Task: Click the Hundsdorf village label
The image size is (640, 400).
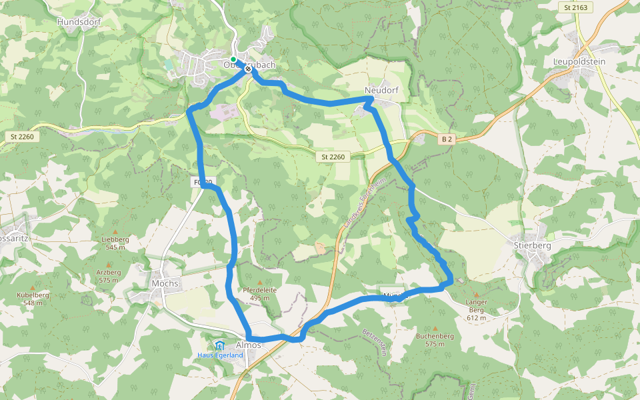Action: click(x=78, y=21)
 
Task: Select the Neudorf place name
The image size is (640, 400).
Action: click(x=381, y=90)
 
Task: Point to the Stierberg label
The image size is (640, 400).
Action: click(x=532, y=245)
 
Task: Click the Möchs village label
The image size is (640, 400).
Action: click(x=165, y=283)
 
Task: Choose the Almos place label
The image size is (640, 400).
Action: click(x=249, y=345)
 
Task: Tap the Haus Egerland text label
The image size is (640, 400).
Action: click(x=219, y=355)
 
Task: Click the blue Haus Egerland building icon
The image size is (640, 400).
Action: click(x=219, y=345)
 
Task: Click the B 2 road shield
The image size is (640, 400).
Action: click(x=447, y=139)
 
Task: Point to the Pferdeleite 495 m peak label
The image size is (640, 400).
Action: click(x=260, y=293)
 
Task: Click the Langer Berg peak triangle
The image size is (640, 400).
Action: click(x=477, y=294)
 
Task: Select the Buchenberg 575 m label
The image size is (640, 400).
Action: click(x=435, y=340)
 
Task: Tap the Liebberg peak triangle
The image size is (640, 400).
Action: click(x=115, y=231)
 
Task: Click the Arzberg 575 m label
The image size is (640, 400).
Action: click(x=109, y=276)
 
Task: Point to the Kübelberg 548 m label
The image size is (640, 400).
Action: click(x=33, y=299)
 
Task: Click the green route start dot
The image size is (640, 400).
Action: click(x=233, y=59)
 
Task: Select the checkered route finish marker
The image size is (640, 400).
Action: click(x=248, y=68)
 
